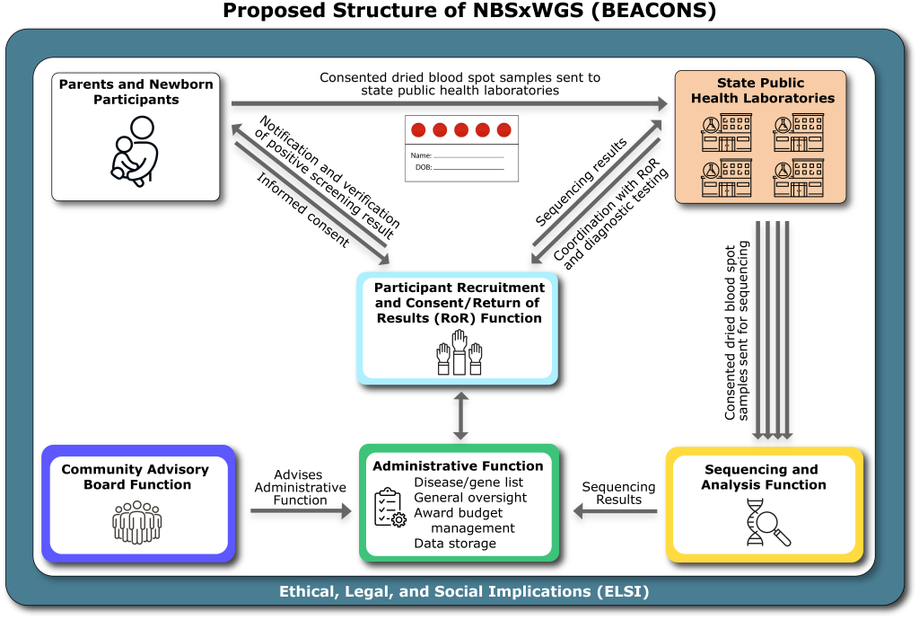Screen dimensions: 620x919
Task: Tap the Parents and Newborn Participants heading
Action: pyautogui.click(x=136, y=92)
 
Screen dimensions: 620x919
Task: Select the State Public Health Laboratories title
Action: pyautogui.click(x=762, y=91)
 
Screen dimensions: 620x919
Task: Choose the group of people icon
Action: pyautogui.click(x=137, y=522)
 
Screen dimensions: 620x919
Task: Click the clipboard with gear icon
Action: pyautogui.click(x=389, y=507)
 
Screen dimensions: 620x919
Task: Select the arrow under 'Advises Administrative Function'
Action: pyautogui.click(x=301, y=511)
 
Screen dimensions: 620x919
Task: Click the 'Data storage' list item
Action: pyautogui.click(x=455, y=543)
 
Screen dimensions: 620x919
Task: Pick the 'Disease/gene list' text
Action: pyautogui.click(x=468, y=483)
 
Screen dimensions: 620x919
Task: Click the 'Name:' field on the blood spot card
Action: pyautogui.click(x=422, y=155)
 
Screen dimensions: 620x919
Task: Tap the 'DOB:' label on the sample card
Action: pyautogui.click(x=423, y=168)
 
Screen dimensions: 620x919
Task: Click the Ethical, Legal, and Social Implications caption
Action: pyautogui.click(x=463, y=592)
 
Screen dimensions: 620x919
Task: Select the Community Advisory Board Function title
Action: pyautogui.click(x=135, y=476)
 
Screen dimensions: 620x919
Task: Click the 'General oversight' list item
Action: pyautogui.click(x=470, y=498)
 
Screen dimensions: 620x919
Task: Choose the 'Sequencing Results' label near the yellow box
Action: pyautogui.click(x=618, y=492)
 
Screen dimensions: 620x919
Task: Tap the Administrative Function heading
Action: pyautogui.click(x=458, y=465)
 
